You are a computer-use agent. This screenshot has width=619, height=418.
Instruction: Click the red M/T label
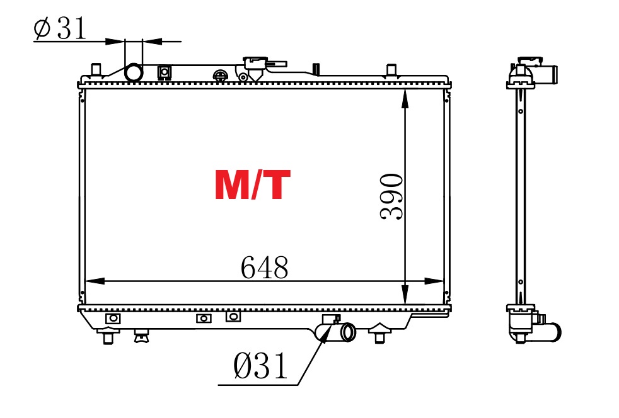coord(253,185)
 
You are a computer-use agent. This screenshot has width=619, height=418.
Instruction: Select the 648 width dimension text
coord(265,268)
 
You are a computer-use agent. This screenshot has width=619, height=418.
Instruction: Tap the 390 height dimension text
coord(391,196)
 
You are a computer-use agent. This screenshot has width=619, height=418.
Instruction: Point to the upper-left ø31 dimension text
coord(60,28)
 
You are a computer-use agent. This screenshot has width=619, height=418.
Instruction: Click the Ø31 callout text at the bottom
coord(260,366)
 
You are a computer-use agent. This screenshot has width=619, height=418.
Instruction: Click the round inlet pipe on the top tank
coord(134,73)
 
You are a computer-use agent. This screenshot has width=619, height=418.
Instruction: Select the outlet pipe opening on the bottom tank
coord(348,332)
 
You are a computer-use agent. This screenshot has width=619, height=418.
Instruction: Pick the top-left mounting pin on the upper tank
coord(96,69)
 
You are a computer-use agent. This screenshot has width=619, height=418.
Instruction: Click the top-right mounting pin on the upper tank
coord(391,70)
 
